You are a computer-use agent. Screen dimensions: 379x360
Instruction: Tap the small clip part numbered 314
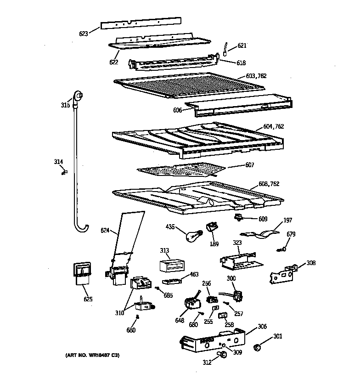(64, 172)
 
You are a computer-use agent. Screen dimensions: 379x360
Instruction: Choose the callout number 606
(178, 110)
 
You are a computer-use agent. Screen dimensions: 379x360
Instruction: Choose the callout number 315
(65, 106)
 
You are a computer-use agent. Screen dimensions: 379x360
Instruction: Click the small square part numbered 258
(223, 316)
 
